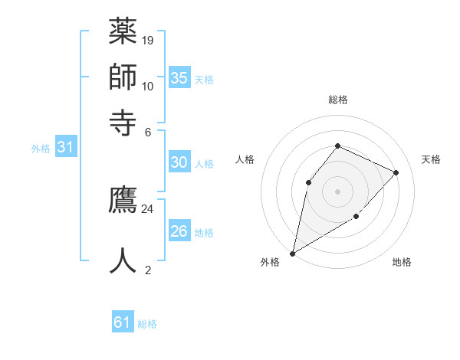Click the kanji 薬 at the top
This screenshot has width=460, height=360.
coord(123,32)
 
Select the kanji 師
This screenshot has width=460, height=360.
coord(123,77)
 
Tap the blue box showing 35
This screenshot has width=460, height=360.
coord(179,77)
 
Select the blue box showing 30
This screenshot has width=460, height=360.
coord(179,162)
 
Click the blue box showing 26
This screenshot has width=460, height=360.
coord(179,231)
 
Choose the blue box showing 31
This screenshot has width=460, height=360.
coord(65,148)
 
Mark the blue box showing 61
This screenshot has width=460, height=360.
coord(123,322)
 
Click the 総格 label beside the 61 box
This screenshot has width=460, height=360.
coord(147,324)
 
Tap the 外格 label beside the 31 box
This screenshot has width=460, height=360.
coord(40,149)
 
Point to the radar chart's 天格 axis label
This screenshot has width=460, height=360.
coord(431,159)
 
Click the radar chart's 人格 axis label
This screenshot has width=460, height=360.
coord(245,159)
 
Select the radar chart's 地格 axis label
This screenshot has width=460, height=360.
coord(402,262)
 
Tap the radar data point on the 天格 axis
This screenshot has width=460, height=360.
coord(396,172)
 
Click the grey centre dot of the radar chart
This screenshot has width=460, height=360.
coord(337,191)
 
